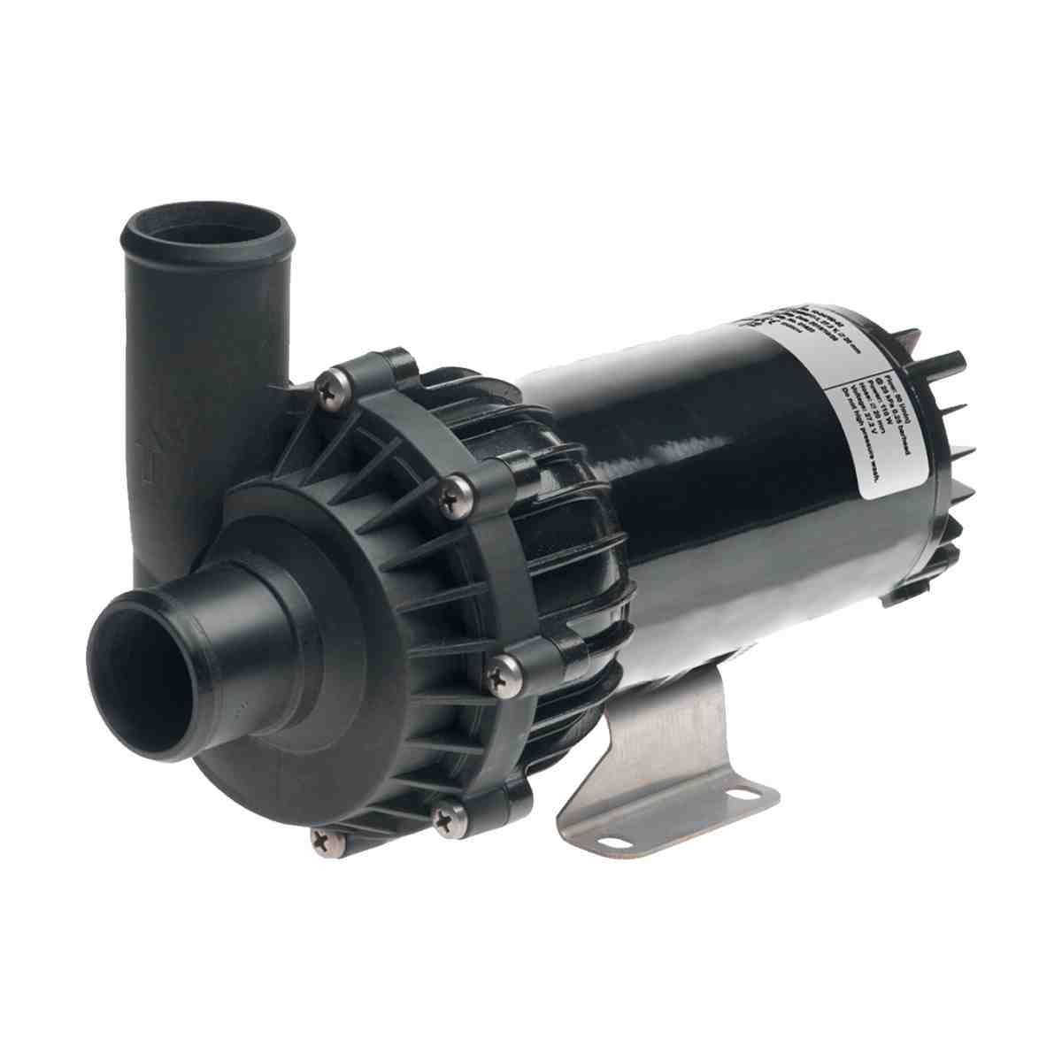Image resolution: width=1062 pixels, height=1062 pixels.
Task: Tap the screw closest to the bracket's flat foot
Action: pos(451,820)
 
